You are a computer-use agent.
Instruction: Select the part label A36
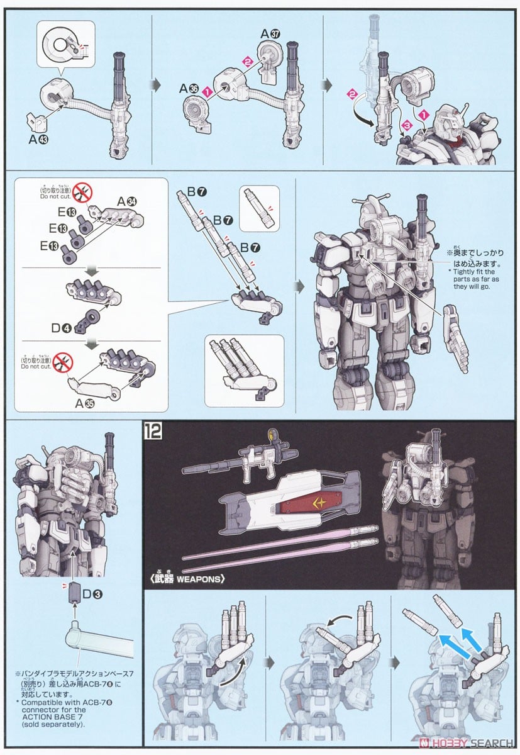(188, 89)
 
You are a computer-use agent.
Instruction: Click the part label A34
(128, 202)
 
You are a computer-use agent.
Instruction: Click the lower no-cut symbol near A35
(66, 362)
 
